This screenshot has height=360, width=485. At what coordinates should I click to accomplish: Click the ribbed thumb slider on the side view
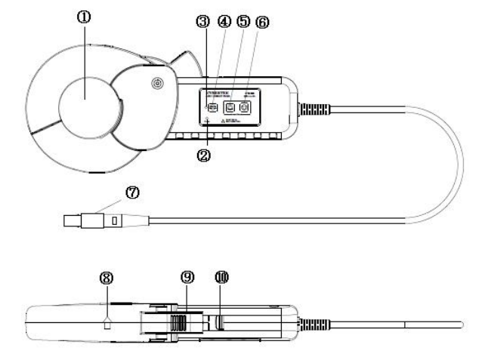[179, 324]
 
